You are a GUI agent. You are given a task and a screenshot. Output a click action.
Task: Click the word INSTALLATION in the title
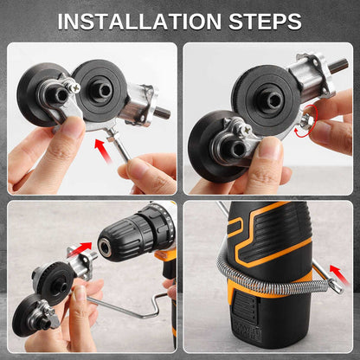[x=139, y=21]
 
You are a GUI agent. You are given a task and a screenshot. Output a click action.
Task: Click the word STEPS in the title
[x=265, y=21]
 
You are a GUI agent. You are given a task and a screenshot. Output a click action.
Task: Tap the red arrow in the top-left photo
[x=103, y=150]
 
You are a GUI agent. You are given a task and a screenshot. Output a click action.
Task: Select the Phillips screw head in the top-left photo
[x=75, y=87]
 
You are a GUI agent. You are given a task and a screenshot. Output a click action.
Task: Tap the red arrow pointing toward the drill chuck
[x=80, y=248]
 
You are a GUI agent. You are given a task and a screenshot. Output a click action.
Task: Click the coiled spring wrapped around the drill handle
[x=271, y=277]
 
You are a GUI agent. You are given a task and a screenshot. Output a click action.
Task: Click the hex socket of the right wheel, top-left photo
[x=104, y=91]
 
